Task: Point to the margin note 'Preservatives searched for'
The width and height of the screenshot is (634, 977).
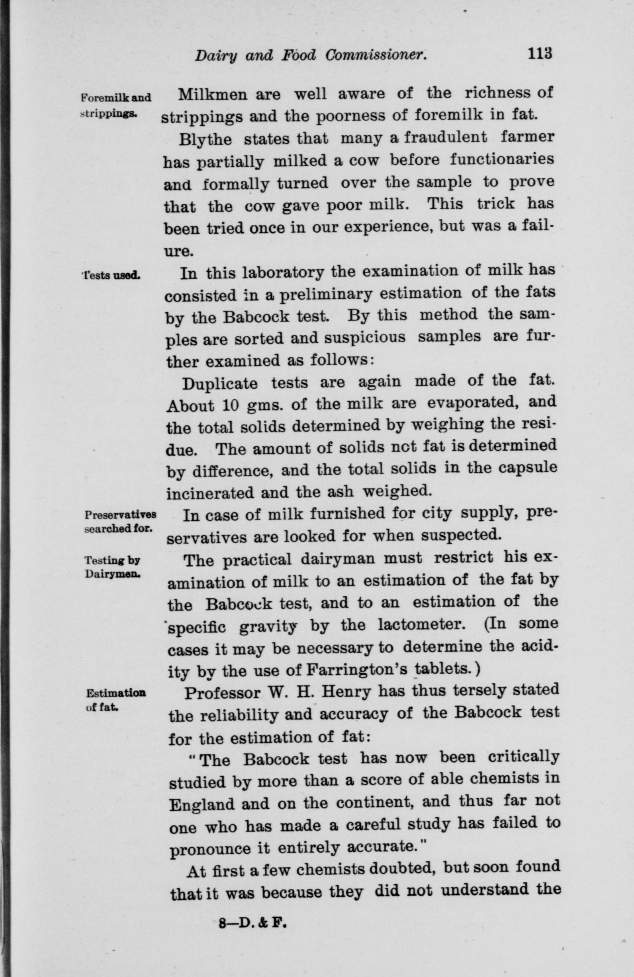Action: pos(119,522)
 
